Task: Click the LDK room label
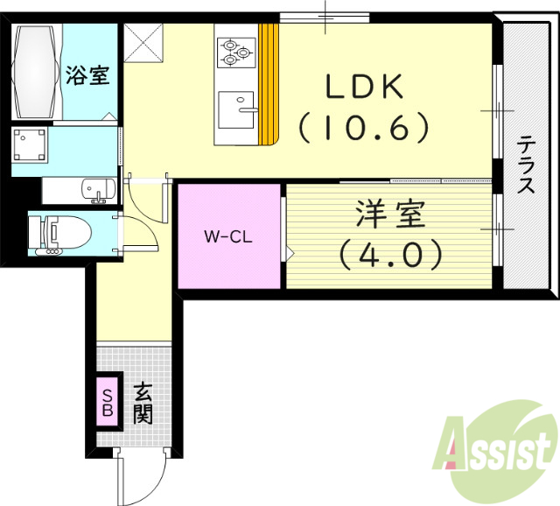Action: click(365, 88)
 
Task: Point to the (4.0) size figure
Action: click(389, 254)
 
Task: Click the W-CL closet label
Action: click(229, 235)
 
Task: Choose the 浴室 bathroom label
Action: click(87, 75)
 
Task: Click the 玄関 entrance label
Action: click(142, 403)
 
